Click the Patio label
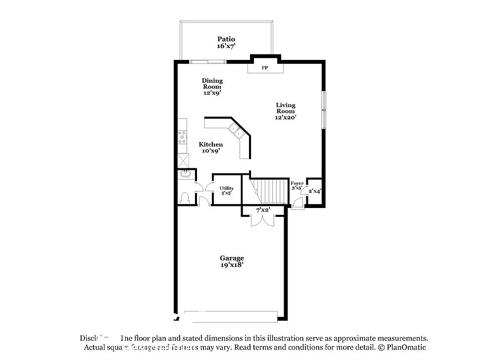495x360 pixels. (226, 39)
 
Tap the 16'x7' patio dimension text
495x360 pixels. (226, 46)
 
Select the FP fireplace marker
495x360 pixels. (265, 68)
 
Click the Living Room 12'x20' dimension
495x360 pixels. (286, 118)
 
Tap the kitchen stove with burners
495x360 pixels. (182, 136)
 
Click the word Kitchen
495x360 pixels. (211, 145)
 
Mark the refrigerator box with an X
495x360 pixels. (183, 160)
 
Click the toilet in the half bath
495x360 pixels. (185, 197)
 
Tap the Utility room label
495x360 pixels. (227, 189)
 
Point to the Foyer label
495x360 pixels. (297, 184)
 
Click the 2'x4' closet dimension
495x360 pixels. (315, 191)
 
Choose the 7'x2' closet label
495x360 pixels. (263, 210)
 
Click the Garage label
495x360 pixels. (232, 258)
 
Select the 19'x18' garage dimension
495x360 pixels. (232, 265)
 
